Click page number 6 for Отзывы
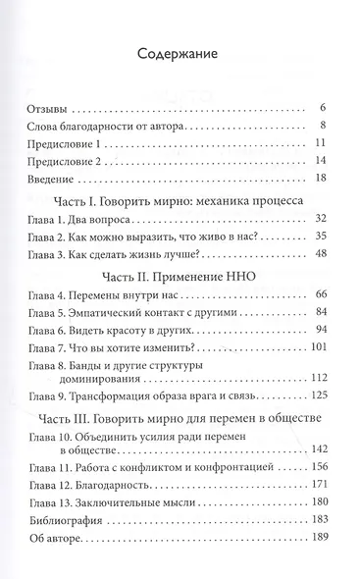(323, 106)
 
